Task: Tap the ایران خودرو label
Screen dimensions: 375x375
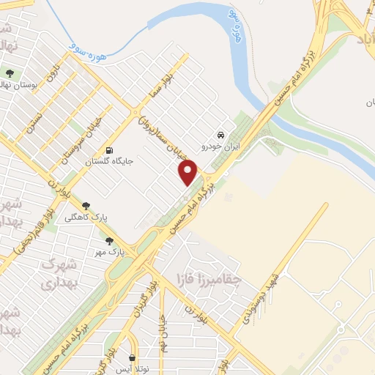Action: click(x=220, y=146)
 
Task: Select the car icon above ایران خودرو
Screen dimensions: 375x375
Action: click(x=220, y=135)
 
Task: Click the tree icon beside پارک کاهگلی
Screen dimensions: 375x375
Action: click(x=87, y=206)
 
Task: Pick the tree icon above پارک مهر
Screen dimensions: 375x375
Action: click(x=110, y=240)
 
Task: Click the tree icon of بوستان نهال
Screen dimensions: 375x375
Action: click(x=10, y=73)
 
